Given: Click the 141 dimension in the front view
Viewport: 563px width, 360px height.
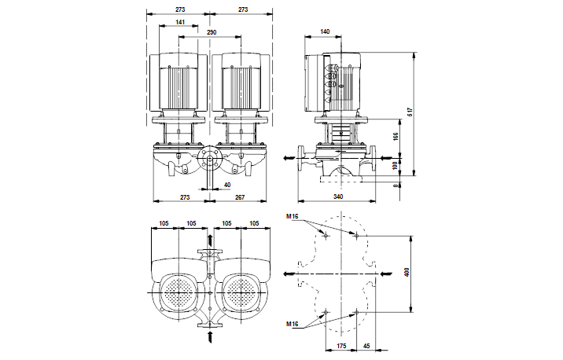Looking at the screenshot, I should click(x=180, y=22).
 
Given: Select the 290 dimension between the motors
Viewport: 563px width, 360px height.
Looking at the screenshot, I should click(x=212, y=34).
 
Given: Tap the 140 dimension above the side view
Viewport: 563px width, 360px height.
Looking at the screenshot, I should click(x=326, y=32).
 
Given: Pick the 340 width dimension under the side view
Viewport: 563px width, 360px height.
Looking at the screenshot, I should click(x=338, y=197).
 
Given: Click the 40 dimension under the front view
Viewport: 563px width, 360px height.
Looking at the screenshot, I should click(x=227, y=185).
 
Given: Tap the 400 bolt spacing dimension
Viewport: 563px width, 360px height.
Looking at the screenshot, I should click(x=408, y=271).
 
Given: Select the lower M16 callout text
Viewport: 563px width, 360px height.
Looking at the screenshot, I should click(x=293, y=324).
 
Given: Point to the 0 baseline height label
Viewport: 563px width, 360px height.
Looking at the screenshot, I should click(x=395, y=186).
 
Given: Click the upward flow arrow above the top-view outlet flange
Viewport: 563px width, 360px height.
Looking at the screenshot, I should click(x=210, y=239).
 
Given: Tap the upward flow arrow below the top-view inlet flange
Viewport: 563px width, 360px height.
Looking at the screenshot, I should click(x=210, y=336).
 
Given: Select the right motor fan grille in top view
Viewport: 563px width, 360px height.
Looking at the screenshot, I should click(x=242, y=294).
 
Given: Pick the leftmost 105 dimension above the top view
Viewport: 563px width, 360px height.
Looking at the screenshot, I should click(x=164, y=223).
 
